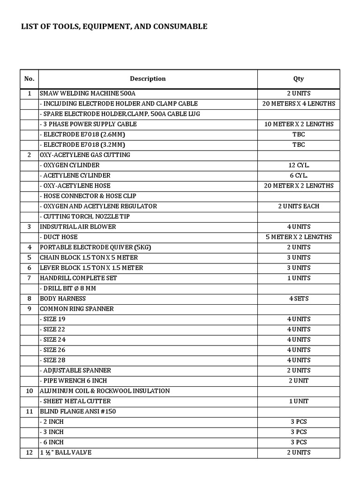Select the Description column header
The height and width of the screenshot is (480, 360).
[x=148, y=79]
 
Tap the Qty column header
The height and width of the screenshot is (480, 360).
[x=299, y=79]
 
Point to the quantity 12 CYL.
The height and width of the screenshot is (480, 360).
[x=299, y=165]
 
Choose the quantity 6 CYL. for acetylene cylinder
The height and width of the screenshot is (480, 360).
[x=299, y=175]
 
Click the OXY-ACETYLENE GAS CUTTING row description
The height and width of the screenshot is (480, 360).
[x=85, y=155]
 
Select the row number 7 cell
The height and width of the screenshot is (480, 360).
[x=29, y=278]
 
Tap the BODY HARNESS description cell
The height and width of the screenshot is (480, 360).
[x=63, y=299]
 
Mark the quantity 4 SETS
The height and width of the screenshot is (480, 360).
[x=299, y=299]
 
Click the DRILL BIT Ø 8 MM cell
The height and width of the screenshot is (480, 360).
[x=70, y=288]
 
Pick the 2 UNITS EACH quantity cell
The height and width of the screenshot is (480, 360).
[x=299, y=206]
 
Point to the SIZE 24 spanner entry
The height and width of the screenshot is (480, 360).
[x=56, y=339]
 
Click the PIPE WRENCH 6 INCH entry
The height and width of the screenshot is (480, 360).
[x=75, y=381]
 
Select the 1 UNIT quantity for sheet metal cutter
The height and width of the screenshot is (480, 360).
[x=299, y=401]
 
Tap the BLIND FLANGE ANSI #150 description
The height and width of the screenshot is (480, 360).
[x=78, y=412]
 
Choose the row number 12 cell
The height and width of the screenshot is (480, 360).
[x=29, y=452]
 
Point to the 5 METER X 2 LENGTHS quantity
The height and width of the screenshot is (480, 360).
[x=299, y=237]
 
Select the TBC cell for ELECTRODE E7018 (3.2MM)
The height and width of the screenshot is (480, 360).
[x=299, y=144]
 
